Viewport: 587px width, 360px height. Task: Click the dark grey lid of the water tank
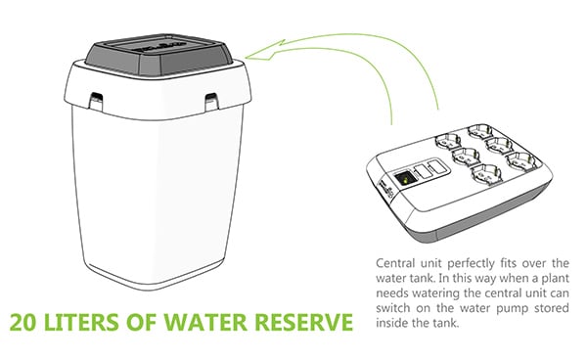tap(158, 55)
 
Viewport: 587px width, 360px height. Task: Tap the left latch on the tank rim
tap(96, 101)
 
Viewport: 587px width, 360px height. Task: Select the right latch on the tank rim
tap(211, 102)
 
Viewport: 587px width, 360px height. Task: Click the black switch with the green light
tap(404, 178)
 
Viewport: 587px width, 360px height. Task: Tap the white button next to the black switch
tap(423, 172)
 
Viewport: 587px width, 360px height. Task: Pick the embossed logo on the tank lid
tap(160, 48)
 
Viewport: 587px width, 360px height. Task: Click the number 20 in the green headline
tap(23, 322)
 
